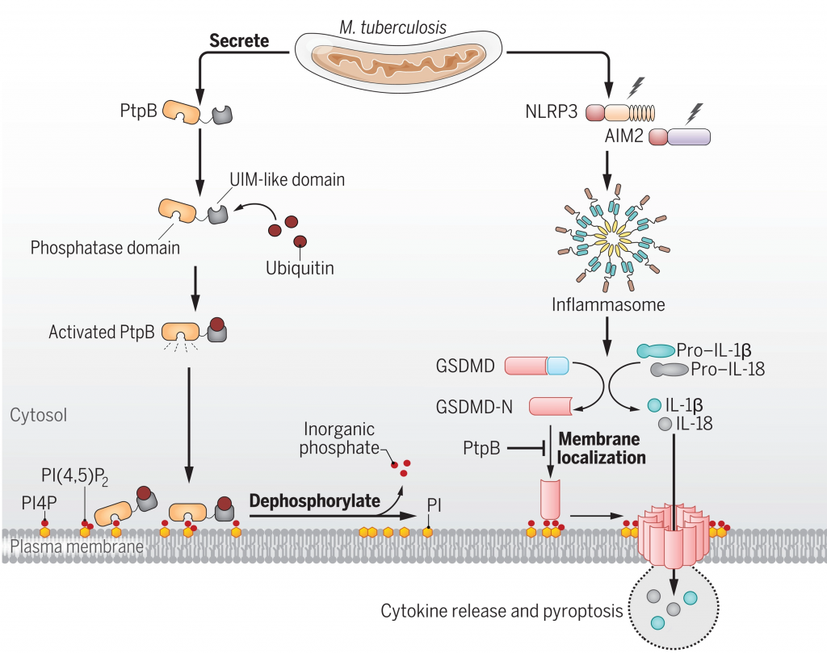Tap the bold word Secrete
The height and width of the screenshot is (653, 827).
click(239, 40)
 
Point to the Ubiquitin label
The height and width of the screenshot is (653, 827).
click(300, 266)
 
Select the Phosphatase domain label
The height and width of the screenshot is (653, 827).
click(105, 247)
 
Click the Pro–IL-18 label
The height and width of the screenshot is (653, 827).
click(728, 369)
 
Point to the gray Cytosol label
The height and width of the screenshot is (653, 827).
click(38, 416)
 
